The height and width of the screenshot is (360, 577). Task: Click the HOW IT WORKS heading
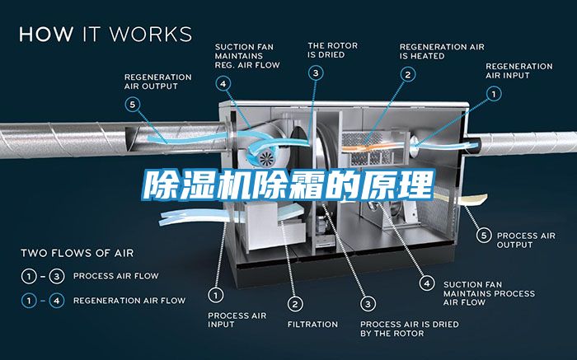pos(105,35)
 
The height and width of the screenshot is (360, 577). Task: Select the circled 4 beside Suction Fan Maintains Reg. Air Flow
pos(223,82)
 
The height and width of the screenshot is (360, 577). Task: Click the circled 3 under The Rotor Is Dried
pos(317,73)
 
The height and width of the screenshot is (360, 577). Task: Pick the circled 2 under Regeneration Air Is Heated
pos(407,73)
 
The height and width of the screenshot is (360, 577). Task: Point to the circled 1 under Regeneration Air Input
pos(494,93)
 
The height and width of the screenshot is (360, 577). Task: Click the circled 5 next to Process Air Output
pos(486,236)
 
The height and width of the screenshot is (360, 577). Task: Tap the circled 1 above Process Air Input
pos(216,293)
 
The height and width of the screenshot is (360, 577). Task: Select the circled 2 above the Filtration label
pos(295,302)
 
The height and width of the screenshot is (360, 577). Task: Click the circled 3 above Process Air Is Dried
pos(368,302)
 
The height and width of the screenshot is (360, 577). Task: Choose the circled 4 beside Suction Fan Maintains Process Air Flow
pos(426,283)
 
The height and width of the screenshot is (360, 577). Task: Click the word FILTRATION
pos(312,324)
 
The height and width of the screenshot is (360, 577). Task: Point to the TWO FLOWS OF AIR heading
pos(77,252)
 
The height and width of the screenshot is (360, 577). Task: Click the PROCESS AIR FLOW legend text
pos(115,276)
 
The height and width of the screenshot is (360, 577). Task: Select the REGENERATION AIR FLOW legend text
pos(129,301)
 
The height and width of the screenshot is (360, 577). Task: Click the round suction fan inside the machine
pos(266,157)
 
